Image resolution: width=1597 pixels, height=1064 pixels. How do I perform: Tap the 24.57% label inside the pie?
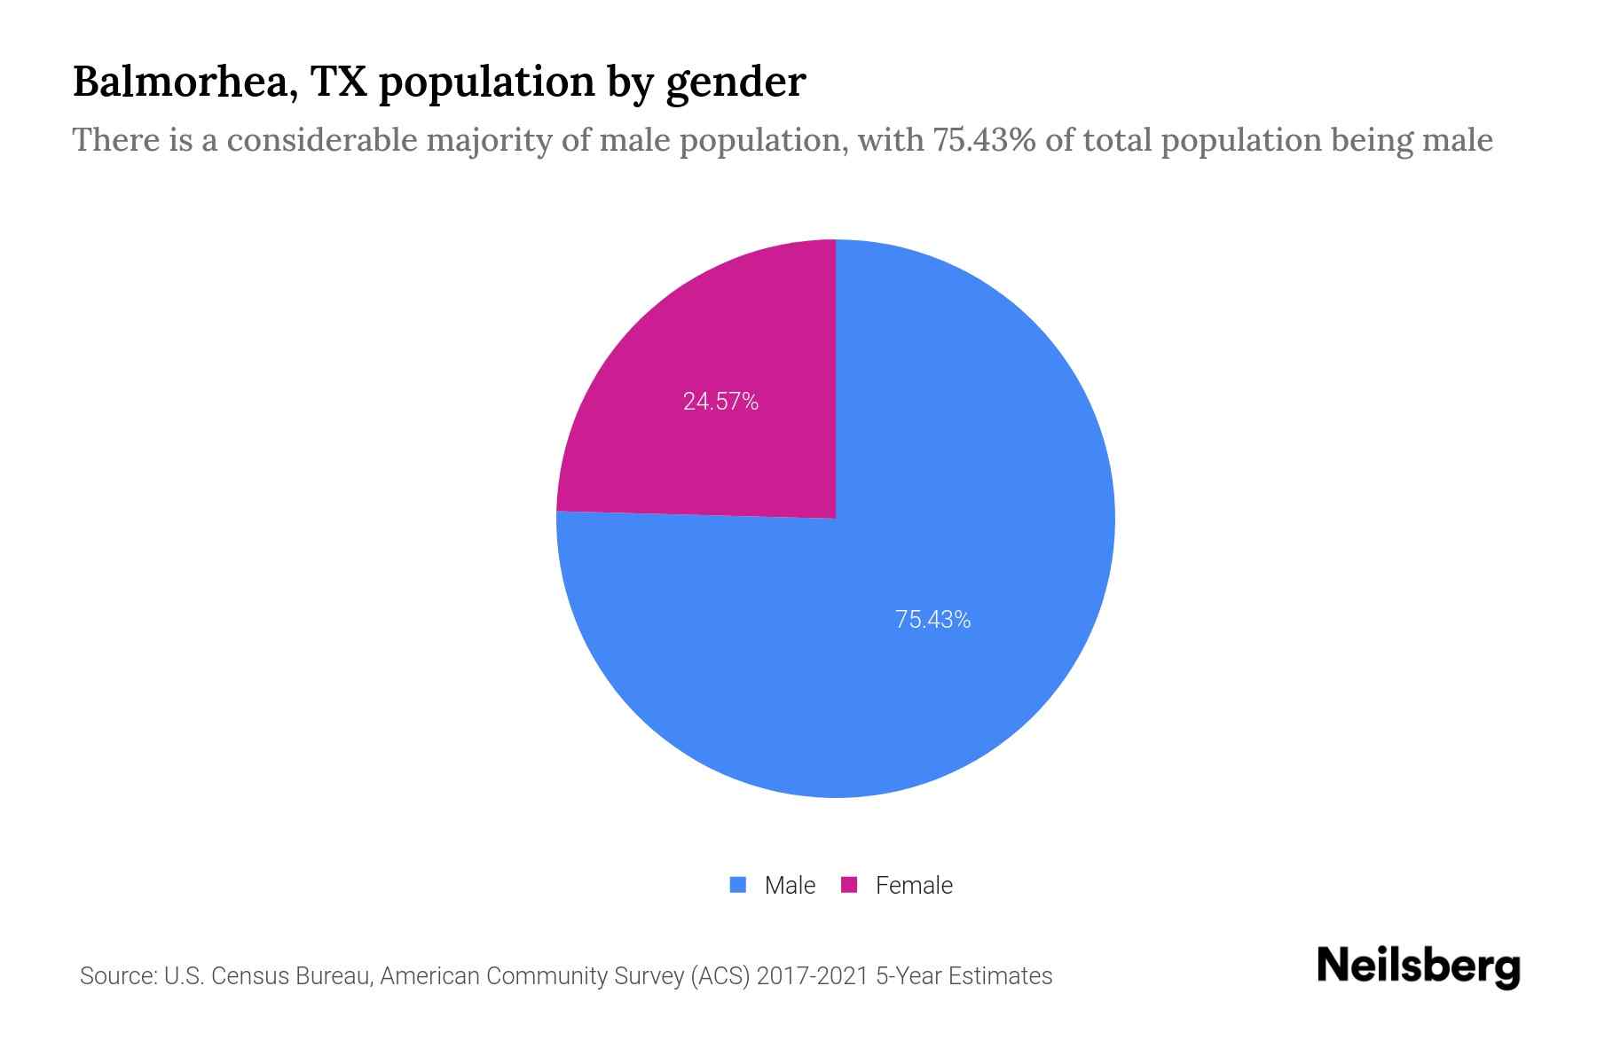click(720, 402)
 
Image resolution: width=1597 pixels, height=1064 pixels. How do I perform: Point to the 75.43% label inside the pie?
click(932, 620)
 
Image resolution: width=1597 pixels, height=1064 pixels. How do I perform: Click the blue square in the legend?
click(737, 885)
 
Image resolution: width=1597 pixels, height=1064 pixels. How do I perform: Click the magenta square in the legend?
click(849, 885)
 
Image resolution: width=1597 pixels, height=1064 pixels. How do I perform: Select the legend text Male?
click(790, 886)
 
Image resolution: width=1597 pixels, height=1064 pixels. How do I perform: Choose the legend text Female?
click(914, 886)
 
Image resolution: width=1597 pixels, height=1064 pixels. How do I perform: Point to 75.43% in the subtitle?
click(983, 140)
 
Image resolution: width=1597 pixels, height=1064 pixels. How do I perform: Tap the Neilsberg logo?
click(1418, 966)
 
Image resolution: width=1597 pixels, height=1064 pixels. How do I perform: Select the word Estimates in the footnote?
click(1000, 976)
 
